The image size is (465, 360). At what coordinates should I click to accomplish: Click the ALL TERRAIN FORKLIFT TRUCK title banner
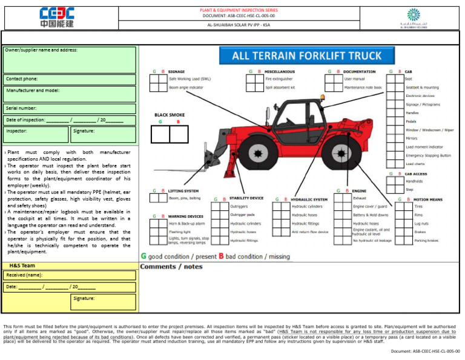[307, 56]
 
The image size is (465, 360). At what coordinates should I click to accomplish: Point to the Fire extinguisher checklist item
[279, 79]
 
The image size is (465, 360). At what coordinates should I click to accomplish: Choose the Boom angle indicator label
[186, 87]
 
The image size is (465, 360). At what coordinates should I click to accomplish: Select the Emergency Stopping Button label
[428, 155]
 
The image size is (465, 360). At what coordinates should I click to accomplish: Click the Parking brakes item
[426, 240]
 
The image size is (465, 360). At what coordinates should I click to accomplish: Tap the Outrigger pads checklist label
[243, 215]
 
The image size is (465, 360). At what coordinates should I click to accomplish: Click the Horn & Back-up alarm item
[187, 223]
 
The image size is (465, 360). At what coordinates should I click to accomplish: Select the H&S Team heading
[22, 266]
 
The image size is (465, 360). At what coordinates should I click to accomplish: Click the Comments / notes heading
[171, 266]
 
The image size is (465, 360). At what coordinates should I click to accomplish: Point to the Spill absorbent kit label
[280, 87]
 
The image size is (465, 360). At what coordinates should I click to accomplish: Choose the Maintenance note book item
[363, 87]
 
